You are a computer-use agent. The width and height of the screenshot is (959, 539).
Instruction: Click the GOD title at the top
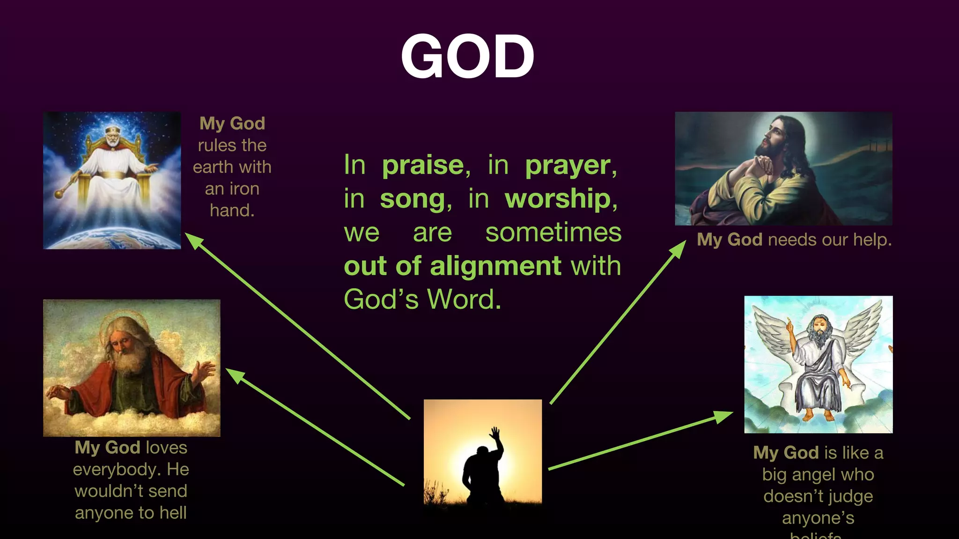[x=467, y=57]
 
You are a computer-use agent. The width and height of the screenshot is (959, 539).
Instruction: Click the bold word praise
[x=423, y=165]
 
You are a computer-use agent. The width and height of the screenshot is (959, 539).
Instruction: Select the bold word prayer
[x=568, y=166]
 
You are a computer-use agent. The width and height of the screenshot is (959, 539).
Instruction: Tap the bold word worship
[x=558, y=199]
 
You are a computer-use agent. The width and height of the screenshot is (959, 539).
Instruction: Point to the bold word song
[x=413, y=199]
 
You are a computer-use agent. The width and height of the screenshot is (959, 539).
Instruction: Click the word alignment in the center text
[x=495, y=266]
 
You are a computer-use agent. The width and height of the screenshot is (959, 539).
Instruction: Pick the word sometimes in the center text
[x=553, y=233]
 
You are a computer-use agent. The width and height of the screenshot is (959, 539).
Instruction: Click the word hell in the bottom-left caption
[x=173, y=513]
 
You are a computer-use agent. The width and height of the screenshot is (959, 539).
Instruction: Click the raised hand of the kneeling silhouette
[x=495, y=432]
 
